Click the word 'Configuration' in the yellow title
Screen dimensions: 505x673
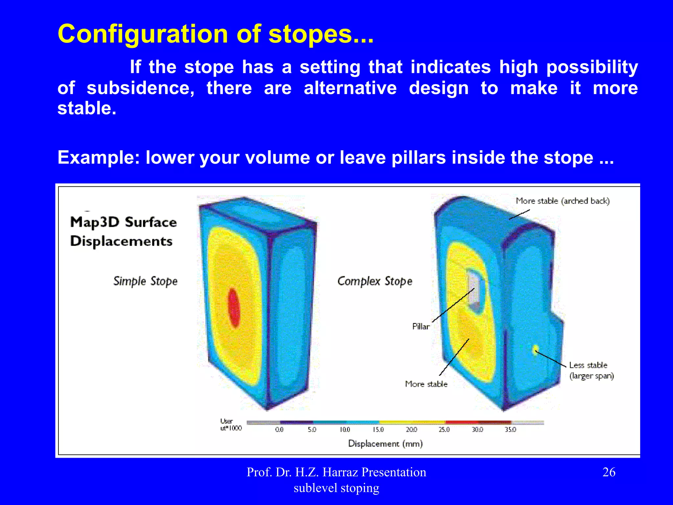click(x=143, y=34)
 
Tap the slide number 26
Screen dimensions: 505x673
click(x=609, y=472)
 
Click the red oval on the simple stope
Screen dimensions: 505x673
click(x=234, y=308)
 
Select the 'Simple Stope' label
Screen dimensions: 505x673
click(x=145, y=281)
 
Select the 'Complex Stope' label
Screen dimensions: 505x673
click(x=375, y=281)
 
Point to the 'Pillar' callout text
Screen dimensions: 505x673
click(x=421, y=326)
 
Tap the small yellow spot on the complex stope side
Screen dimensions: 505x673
click(x=536, y=350)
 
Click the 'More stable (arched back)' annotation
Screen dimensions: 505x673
click(x=563, y=201)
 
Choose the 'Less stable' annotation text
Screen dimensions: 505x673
click(x=588, y=365)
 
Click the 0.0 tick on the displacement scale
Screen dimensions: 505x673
click(x=279, y=430)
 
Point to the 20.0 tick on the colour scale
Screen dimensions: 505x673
click(x=411, y=430)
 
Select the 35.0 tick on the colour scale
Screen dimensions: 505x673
click(x=510, y=430)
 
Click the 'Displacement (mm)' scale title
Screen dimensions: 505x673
click(x=385, y=444)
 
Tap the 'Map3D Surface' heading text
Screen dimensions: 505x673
click(x=124, y=223)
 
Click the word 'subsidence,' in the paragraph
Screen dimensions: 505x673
click(x=141, y=88)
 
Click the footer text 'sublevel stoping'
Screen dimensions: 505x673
click(x=336, y=488)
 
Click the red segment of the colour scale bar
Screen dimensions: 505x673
click(x=461, y=422)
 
